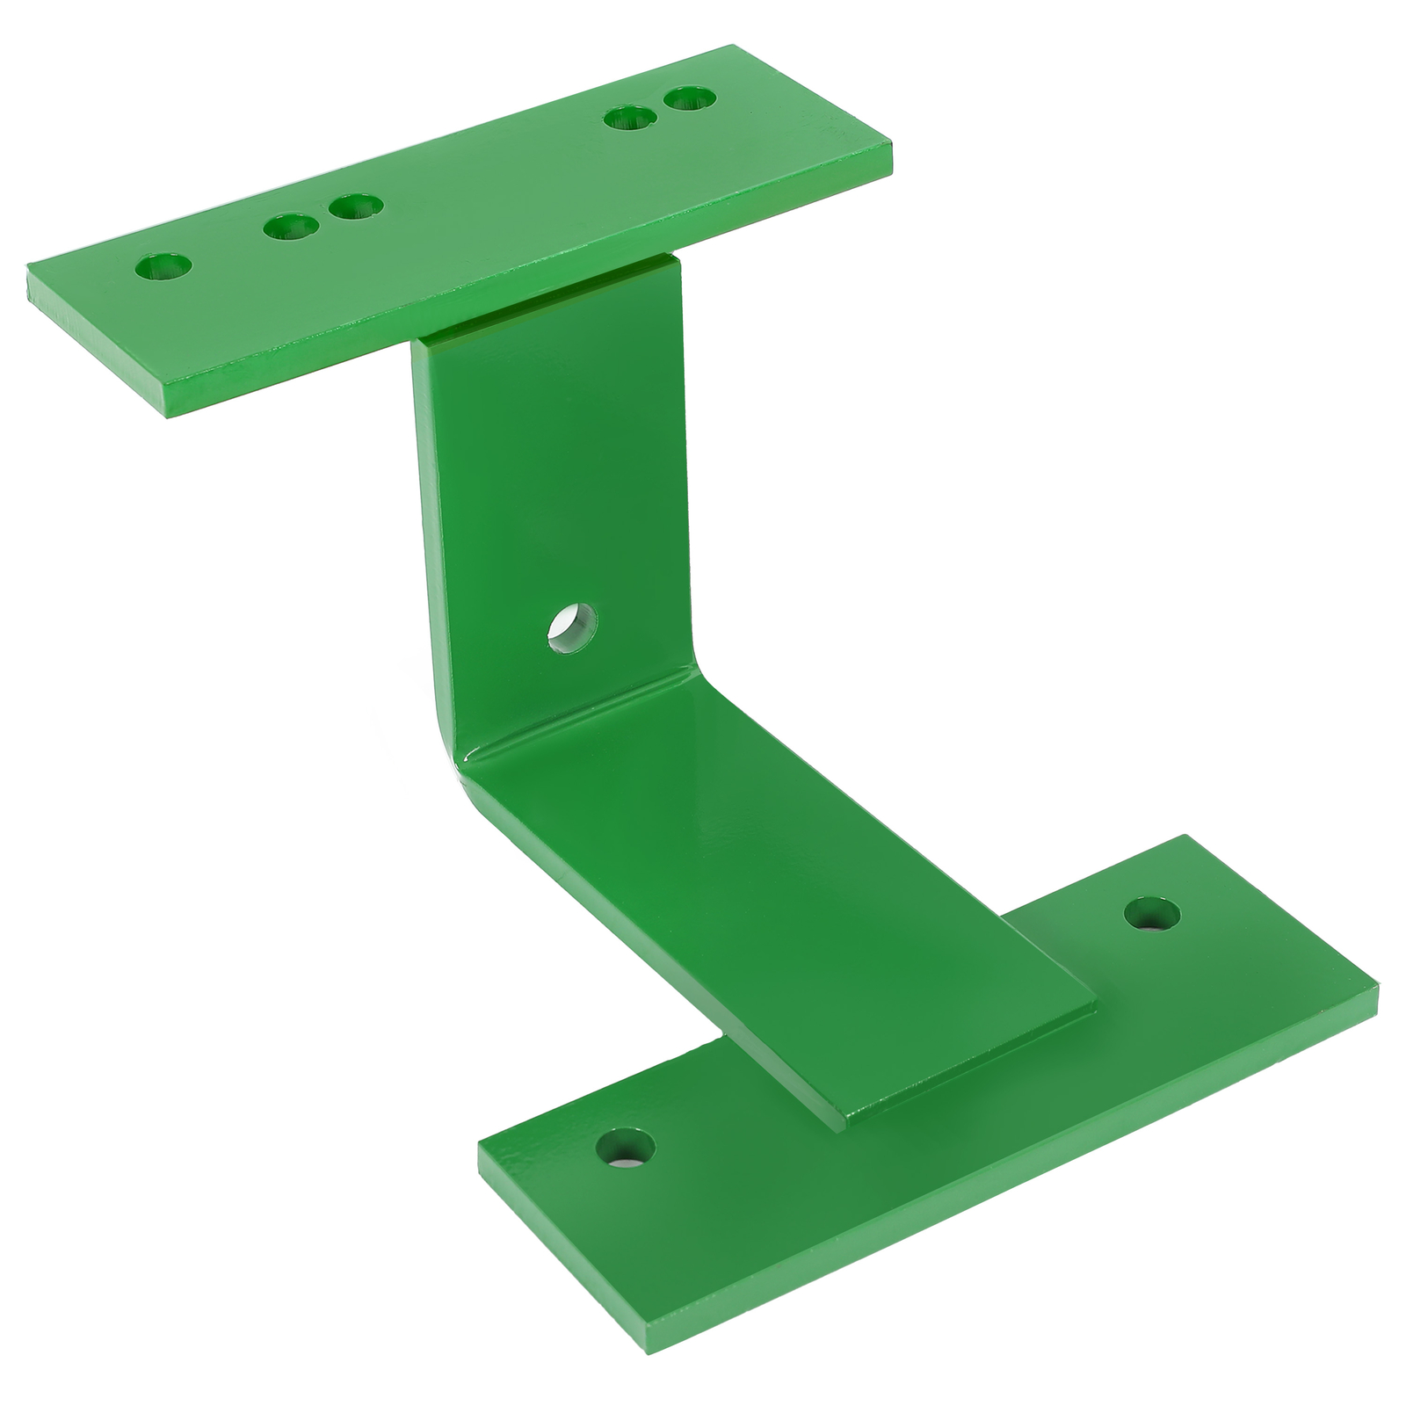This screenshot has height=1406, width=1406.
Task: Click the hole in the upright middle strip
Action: tap(572, 626)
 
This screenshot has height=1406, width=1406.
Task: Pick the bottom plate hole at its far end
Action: tap(1152, 916)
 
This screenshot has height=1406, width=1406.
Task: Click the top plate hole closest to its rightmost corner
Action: tap(691, 98)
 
